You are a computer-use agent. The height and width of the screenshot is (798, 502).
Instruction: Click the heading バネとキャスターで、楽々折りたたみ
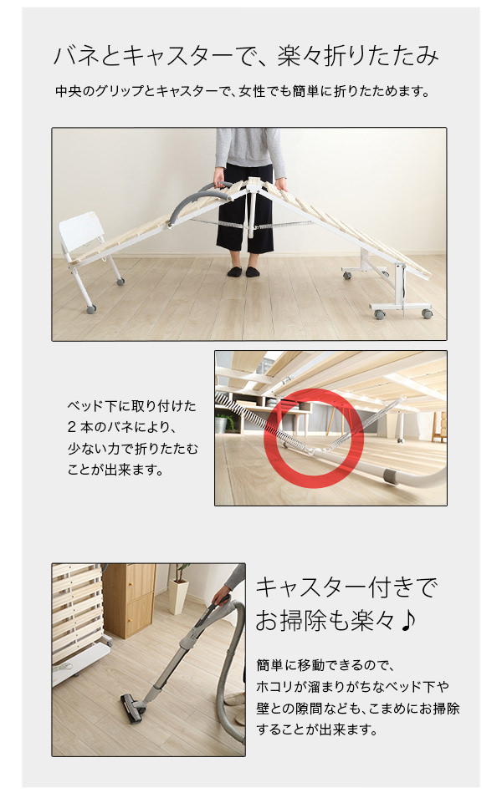pyautogui.click(x=246, y=56)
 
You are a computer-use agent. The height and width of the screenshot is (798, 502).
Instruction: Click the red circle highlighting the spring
pyautogui.click(x=314, y=439)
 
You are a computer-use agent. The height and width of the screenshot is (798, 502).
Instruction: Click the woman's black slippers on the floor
pyautogui.click(x=243, y=272)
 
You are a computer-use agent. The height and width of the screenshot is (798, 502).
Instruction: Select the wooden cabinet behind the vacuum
pyautogui.click(x=129, y=601)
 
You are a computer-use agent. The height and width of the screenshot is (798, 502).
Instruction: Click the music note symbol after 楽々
pyautogui.click(x=407, y=621)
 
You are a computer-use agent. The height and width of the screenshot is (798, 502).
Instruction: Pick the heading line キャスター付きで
pyautogui.click(x=346, y=588)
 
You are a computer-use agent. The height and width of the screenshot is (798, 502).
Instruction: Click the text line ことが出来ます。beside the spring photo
pyautogui.click(x=116, y=470)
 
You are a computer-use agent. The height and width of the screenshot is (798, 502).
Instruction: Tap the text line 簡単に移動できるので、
pyautogui.click(x=325, y=665)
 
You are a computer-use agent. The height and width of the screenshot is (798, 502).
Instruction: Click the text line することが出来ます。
pyautogui.click(x=317, y=729)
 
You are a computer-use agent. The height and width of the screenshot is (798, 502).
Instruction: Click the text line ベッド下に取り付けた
pyautogui.click(x=132, y=406)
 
